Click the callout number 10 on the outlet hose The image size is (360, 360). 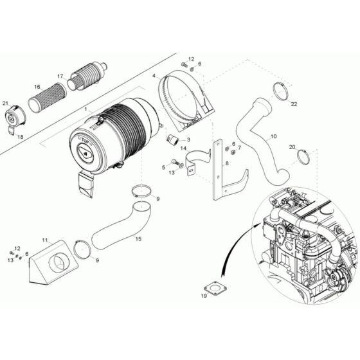tap(273, 136)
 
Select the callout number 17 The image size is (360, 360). tap(60, 76)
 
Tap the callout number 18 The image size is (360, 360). tap(19, 137)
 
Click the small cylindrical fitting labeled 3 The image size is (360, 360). tap(172, 139)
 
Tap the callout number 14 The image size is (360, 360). tap(183, 148)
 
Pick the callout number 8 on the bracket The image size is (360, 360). tap(226, 164)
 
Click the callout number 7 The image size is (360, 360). tap(239, 148)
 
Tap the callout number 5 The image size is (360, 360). tap(164, 167)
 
